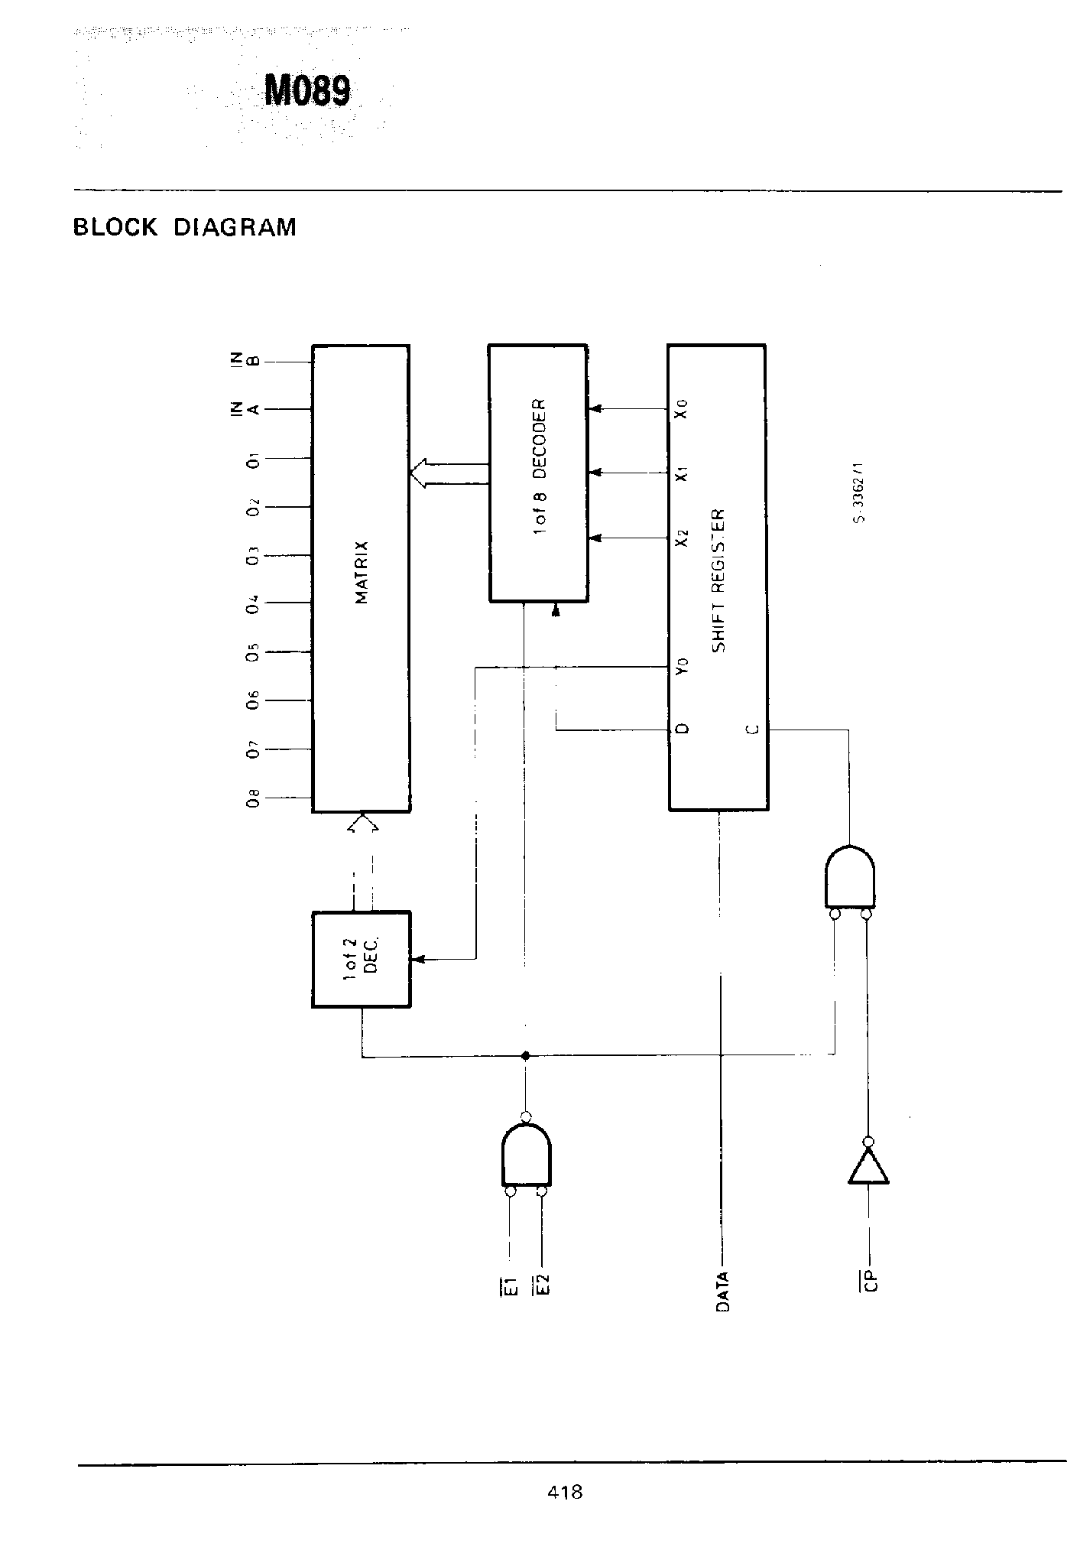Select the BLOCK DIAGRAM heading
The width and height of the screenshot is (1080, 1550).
(x=184, y=228)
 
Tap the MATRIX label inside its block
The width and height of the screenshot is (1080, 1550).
(x=362, y=572)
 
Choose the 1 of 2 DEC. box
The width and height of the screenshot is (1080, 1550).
(x=362, y=959)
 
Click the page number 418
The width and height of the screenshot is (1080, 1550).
(x=565, y=1491)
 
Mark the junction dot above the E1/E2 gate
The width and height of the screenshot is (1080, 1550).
(x=525, y=1056)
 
